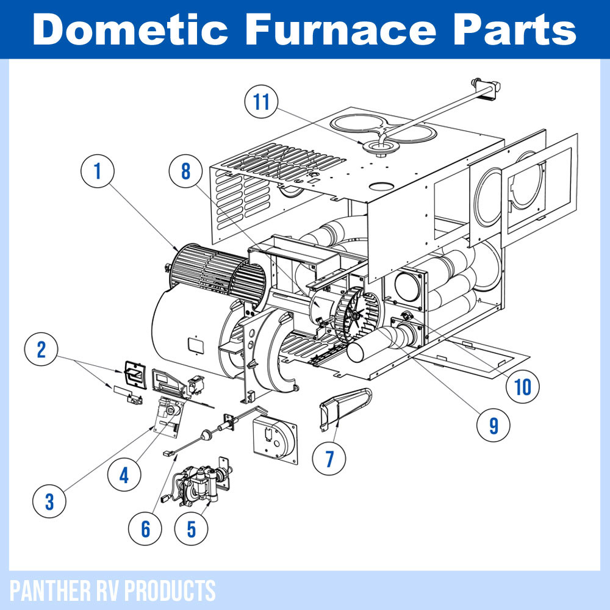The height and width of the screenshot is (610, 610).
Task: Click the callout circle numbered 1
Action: coord(98,172)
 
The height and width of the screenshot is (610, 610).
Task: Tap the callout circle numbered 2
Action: coord(41,350)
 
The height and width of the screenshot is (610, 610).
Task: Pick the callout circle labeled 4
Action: coord(124,474)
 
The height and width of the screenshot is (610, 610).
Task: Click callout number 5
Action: coord(192,528)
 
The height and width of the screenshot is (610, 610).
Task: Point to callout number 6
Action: coord(145,528)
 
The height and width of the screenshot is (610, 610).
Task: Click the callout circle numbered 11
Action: coord(262,102)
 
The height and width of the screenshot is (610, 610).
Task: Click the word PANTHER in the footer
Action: coord(46,590)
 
